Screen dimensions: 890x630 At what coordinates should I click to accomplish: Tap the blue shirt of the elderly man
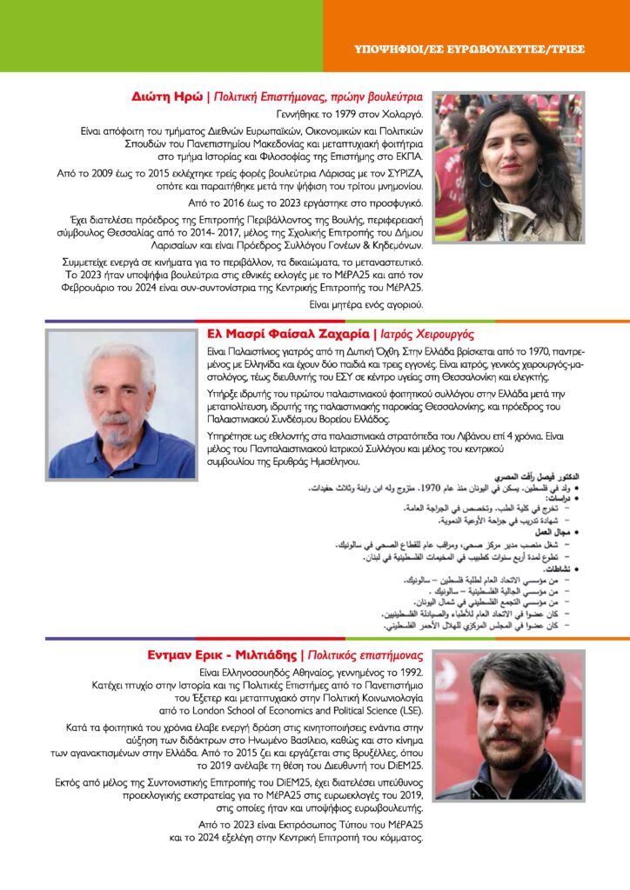pyautogui.click(x=122, y=461)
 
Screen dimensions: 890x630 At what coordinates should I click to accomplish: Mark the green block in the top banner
pyautogui.click(x=161, y=35)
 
